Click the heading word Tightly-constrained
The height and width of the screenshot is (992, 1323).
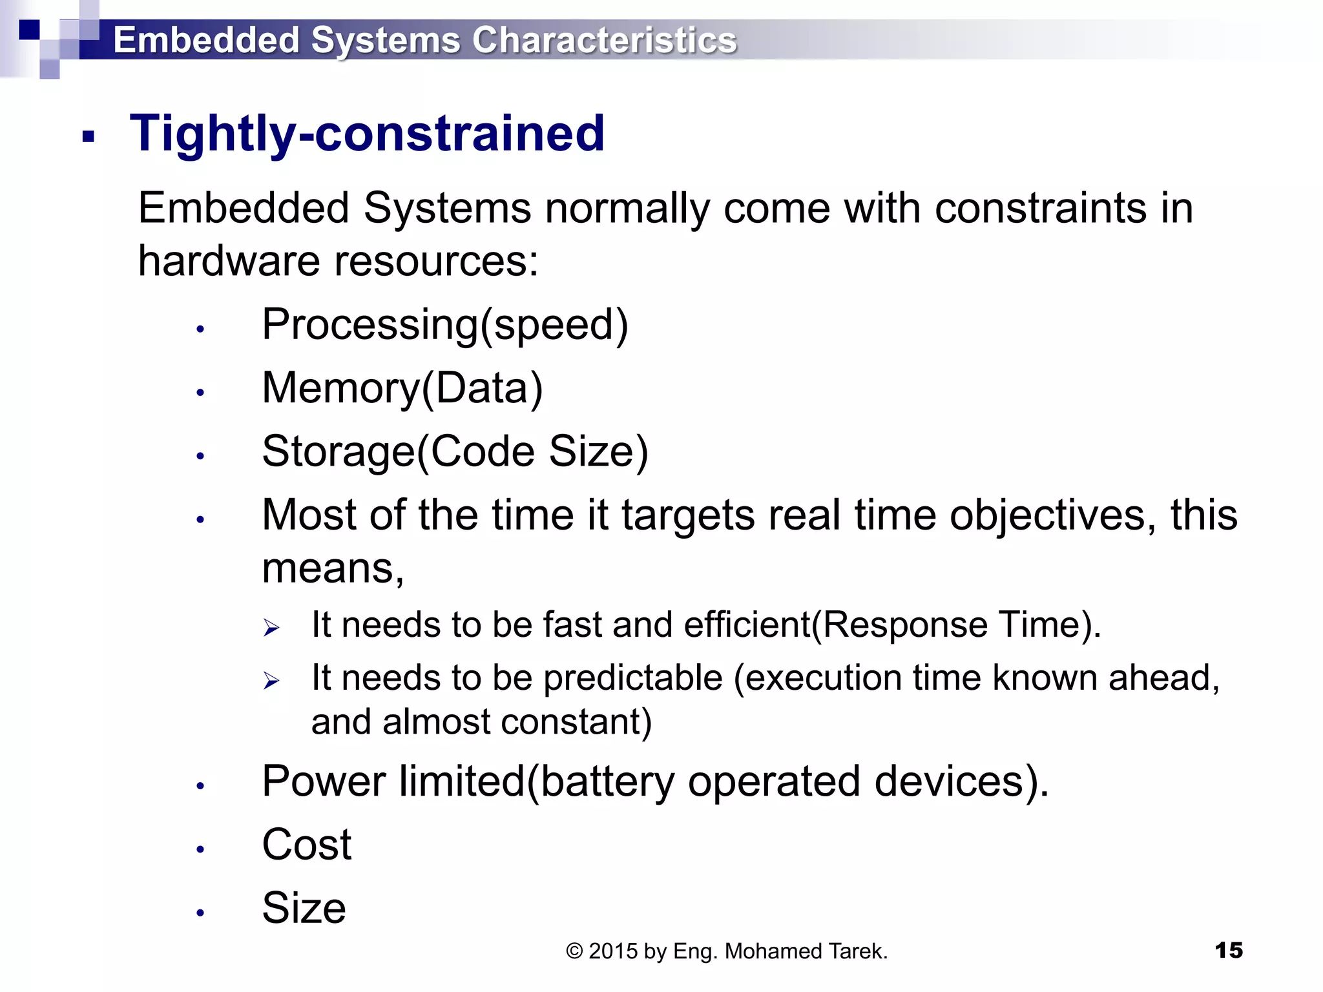tap(367, 133)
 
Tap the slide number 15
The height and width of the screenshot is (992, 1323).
tap(1228, 951)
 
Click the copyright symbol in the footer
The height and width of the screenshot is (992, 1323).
tap(574, 951)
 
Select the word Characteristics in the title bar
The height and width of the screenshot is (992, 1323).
tap(604, 40)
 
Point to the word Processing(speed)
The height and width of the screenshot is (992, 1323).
tap(444, 325)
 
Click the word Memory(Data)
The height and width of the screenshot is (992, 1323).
tap(402, 388)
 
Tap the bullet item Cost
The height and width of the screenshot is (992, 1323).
tap(306, 844)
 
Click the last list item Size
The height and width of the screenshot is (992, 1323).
tap(304, 907)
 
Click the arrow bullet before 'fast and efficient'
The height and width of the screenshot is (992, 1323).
tap(271, 627)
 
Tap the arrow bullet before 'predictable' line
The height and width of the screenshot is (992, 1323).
tap(271, 680)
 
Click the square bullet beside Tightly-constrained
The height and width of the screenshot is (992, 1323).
tap(89, 136)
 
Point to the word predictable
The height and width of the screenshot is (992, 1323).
tap(632, 679)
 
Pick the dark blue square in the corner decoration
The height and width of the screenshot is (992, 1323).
tap(29, 30)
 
